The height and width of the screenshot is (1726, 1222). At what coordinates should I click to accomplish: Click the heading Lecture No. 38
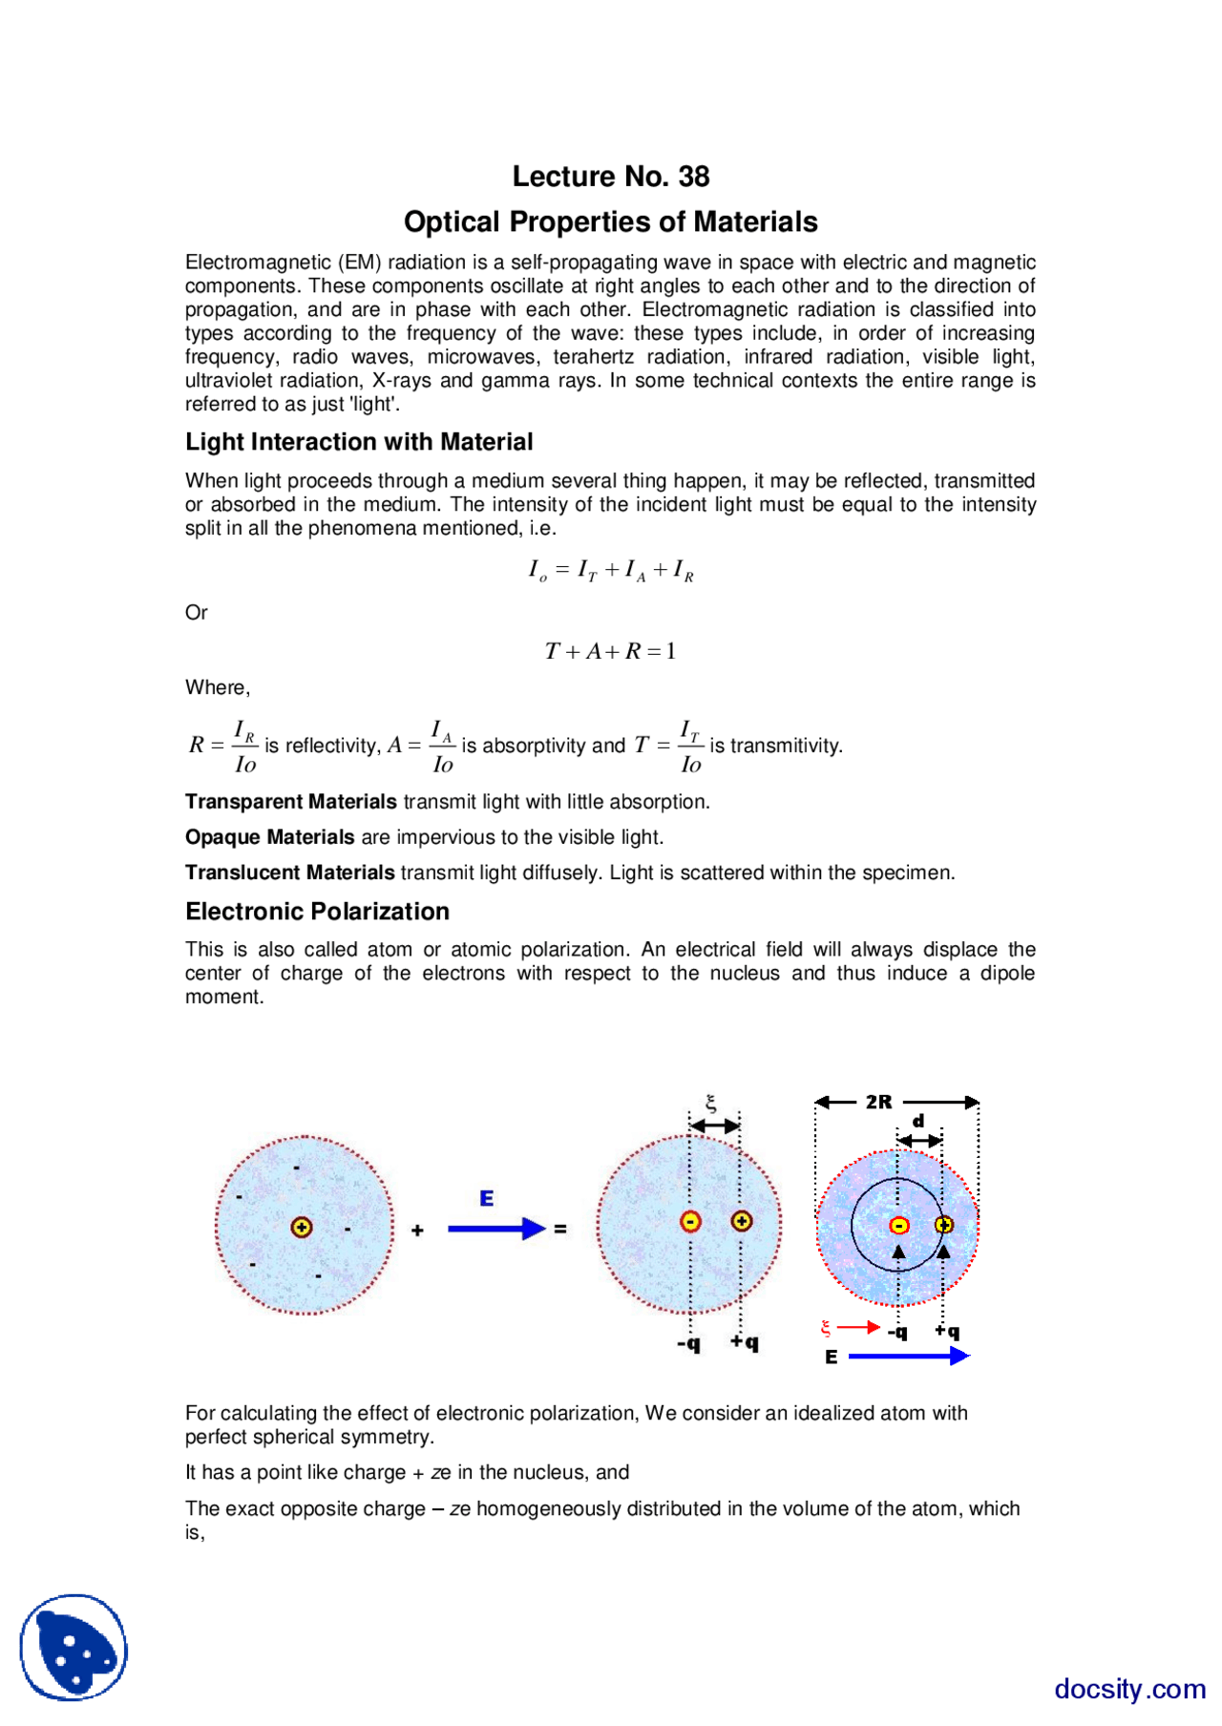(611, 177)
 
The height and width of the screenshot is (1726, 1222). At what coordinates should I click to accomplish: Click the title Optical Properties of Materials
(611, 222)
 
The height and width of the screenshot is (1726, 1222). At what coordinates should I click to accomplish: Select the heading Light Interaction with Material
(359, 442)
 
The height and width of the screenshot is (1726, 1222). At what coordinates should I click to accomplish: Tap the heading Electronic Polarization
(317, 912)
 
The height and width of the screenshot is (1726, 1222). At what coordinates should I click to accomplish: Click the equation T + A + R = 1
(611, 652)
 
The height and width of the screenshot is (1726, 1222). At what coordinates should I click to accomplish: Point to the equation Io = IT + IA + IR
(611, 571)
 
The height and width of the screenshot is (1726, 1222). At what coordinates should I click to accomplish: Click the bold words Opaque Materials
(270, 837)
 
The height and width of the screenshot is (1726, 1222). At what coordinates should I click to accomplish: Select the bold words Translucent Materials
(290, 873)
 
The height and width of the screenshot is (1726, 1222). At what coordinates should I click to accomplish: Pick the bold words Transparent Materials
(291, 802)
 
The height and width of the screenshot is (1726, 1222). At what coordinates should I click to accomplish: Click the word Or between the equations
(196, 613)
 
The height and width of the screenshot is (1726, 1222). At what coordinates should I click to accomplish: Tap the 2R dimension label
(878, 1102)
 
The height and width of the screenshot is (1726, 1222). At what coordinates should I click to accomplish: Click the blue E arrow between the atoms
(495, 1229)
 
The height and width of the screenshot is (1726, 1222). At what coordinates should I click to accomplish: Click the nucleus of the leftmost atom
(302, 1227)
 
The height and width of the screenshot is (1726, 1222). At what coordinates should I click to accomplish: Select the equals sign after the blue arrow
(560, 1230)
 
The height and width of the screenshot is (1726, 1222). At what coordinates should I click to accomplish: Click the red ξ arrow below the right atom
(856, 1327)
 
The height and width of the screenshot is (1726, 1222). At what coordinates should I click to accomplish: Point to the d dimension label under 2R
(918, 1122)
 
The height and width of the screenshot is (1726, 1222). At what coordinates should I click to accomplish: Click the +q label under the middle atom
(745, 1342)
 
